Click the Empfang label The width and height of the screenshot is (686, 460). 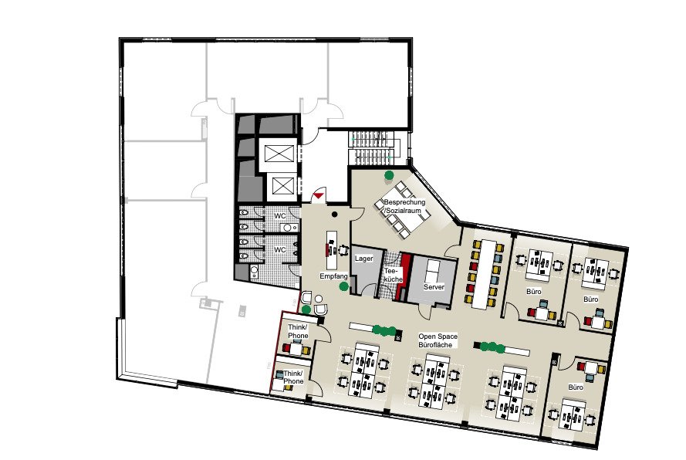coord(333,276)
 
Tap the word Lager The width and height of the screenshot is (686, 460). coord(364,259)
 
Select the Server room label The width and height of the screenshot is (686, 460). coord(434,286)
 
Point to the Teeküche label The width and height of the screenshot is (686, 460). coord(393,275)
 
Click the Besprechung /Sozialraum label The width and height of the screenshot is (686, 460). coord(404,206)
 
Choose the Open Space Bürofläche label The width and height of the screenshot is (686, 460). coord(438,340)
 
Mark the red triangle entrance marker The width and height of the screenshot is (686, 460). coord(319,195)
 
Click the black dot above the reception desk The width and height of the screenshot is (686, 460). coord(335,215)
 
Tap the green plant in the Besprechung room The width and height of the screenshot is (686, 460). coord(388,175)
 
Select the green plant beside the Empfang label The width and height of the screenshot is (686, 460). coord(344,286)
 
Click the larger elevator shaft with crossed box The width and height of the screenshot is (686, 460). coord(278,154)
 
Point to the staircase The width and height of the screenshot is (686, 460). coord(373,147)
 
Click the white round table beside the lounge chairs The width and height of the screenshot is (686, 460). coord(319,299)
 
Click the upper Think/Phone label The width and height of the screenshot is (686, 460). coord(298,331)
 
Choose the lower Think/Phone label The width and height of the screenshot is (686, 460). coord(293,377)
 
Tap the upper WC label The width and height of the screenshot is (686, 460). coord(280,216)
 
